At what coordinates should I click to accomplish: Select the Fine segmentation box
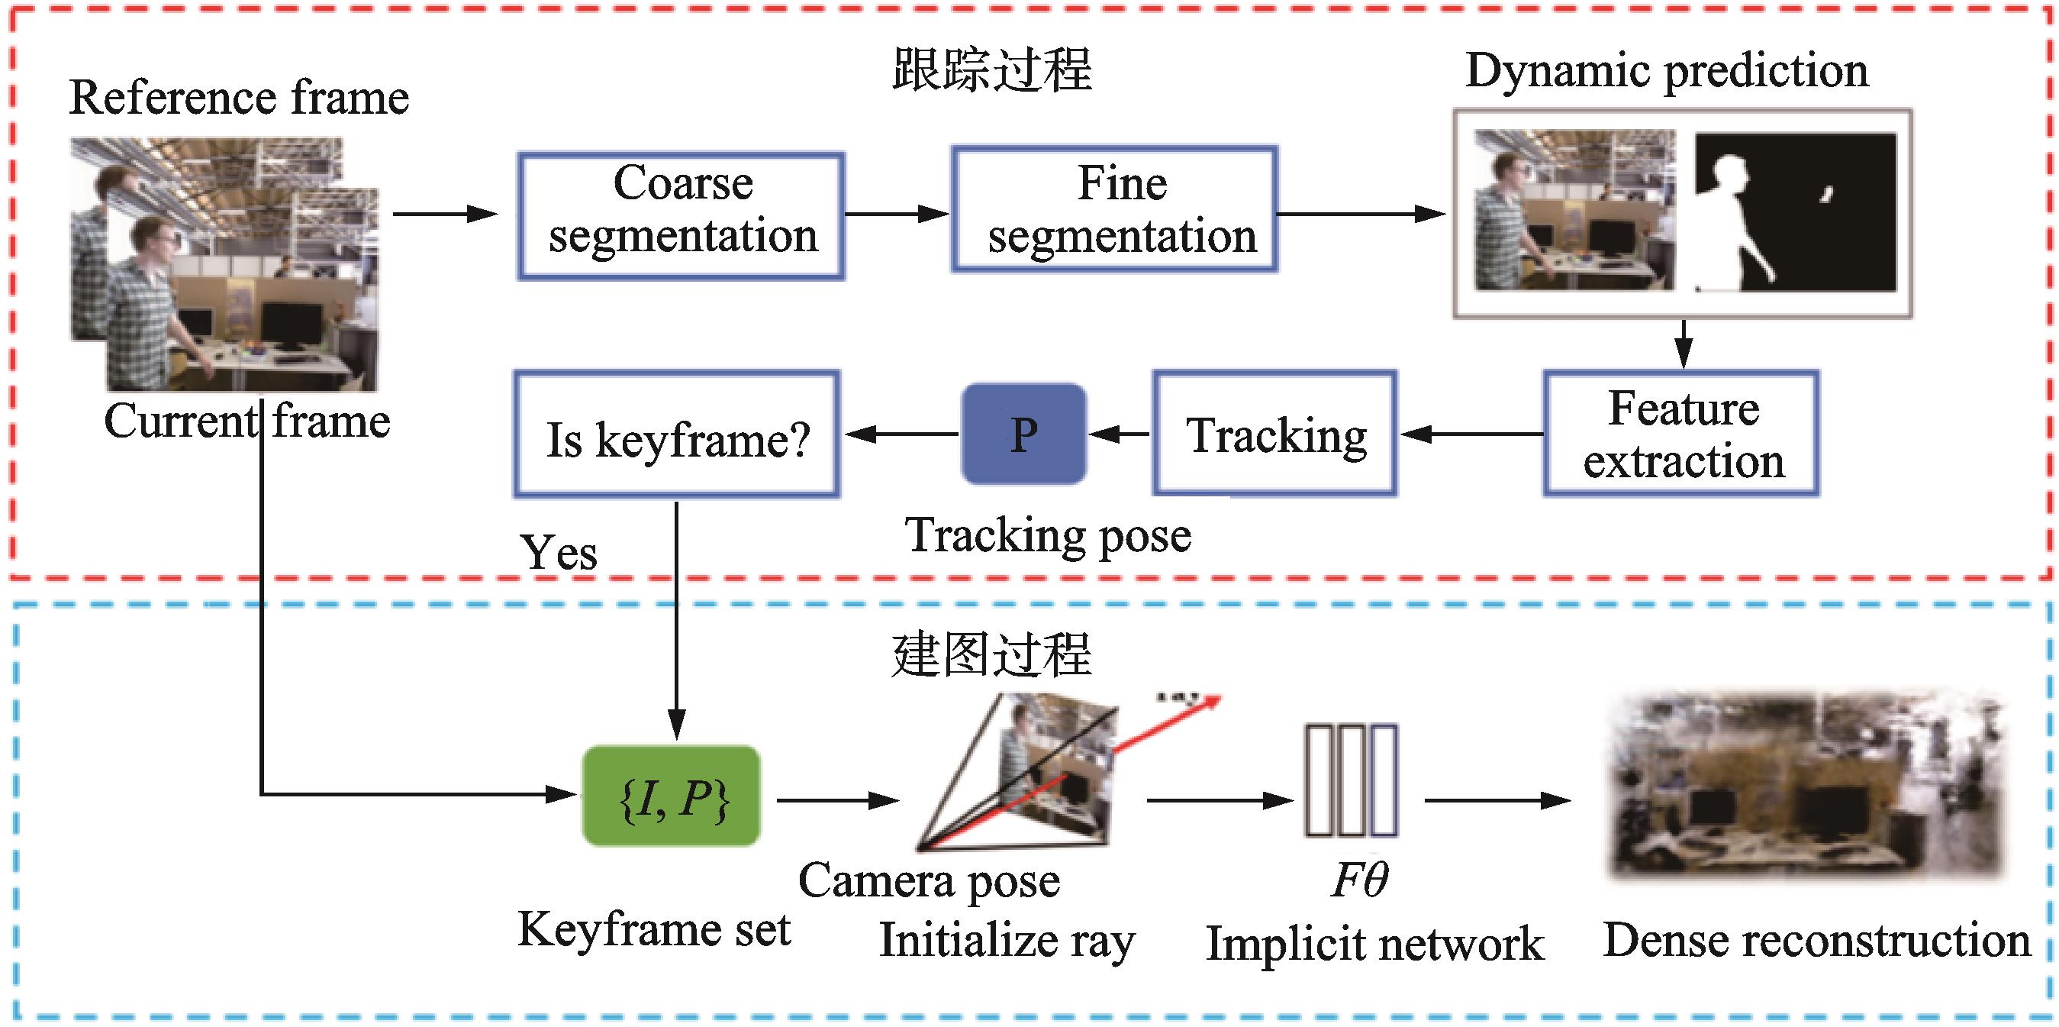tap(1113, 209)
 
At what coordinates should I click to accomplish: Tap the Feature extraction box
tap(1682, 434)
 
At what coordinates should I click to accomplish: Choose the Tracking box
tap(1275, 434)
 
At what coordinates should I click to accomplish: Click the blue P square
tap(1024, 434)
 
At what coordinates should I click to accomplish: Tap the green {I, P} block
tap(672, 796)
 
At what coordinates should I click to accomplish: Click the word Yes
tap(558, 552)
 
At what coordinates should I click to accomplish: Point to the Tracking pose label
tap(1048, 535)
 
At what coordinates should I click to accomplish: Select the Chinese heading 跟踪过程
tap(991, 69)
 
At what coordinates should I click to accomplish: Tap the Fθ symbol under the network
tap(1360, 879)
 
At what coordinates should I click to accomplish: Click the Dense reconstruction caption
tap(1816, 940)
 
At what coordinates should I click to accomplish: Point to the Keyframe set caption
tap(654, 929)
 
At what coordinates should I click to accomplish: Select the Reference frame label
tap(239, 98)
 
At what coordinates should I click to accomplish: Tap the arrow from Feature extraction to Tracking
tap(1470, 434)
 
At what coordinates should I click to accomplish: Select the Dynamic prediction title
tap(1667, 70)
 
